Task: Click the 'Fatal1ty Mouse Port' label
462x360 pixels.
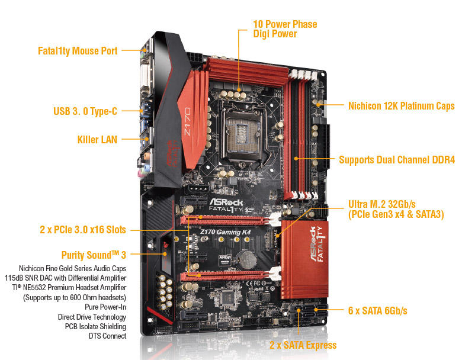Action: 78,51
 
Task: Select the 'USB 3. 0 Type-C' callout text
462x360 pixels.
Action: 85,111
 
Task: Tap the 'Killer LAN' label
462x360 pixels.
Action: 97,139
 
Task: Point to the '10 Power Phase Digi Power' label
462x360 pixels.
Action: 285,29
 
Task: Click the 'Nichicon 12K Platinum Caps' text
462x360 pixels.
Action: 402,106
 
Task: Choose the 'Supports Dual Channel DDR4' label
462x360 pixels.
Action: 397,160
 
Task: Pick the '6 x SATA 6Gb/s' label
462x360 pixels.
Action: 377,310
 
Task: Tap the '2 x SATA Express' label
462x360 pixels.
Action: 303,345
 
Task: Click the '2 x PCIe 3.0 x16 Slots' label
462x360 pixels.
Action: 83,230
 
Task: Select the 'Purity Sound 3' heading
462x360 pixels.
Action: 94,255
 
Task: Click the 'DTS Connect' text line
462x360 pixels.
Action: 108,336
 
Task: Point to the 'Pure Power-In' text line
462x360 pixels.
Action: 105,307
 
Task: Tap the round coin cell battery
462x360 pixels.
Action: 247,260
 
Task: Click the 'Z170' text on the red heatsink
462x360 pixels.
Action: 187,121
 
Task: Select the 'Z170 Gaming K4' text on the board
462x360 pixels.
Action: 226,232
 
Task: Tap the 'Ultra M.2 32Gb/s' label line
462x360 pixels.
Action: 382,204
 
